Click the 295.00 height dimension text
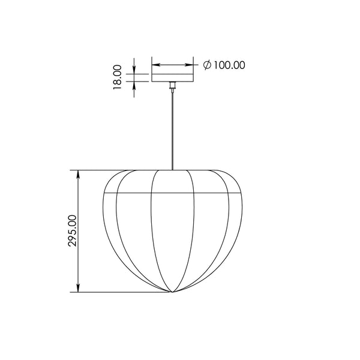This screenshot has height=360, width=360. (x=73, y=231)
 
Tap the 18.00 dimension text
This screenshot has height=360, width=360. (x=118, y=77)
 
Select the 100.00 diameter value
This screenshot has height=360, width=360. (x=230, y=65)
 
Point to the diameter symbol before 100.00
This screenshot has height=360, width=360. (x=207, y=65)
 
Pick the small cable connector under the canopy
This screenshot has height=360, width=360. (x=172, y=85)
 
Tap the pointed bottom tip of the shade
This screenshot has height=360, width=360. (x=172, y=292)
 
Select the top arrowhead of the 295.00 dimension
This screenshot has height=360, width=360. (x=78, y=175)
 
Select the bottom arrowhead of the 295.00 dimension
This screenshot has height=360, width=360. (x=78, y=288)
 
